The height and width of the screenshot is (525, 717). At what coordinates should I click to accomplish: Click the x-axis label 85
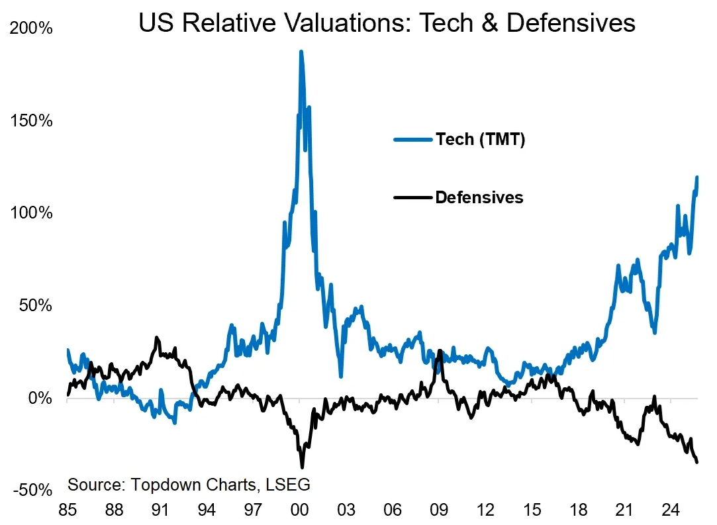point(68,511)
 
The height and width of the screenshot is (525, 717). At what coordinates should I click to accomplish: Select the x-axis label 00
point(300,511)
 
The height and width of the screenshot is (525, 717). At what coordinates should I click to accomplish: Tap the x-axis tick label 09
point(439,511)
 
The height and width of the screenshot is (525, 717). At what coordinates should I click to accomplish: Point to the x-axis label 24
point(671,511)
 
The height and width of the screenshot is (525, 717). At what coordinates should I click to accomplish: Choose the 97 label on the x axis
point(254,511)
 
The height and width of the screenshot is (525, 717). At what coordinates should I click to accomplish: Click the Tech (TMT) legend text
point(480,140)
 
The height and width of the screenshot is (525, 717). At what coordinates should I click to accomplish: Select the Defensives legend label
point(479,197)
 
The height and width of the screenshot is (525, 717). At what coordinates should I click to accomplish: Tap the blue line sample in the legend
point(413,140)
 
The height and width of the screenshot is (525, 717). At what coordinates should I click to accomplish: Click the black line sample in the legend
point(413,197)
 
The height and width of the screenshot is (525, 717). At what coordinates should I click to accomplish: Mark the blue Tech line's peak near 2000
point(301,51)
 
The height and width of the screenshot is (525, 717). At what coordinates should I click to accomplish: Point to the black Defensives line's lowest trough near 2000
point(302,467)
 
